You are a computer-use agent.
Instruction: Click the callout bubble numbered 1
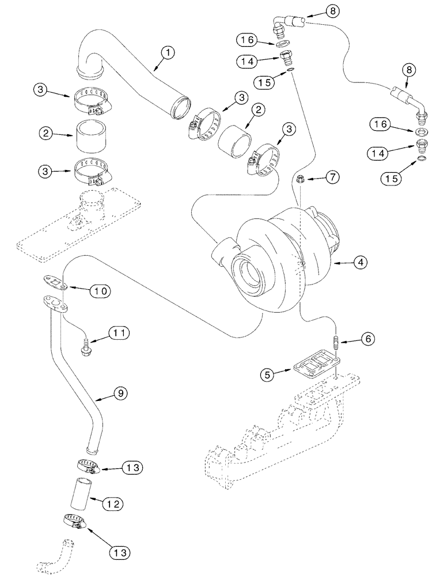click(167, 53)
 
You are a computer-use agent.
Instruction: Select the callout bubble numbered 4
click(359, 262)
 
